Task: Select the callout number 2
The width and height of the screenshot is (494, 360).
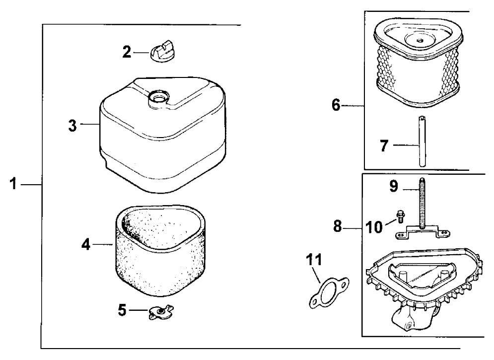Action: click(x=127, y=52)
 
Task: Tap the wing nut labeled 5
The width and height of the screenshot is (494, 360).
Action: click(x=159, y=312)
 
